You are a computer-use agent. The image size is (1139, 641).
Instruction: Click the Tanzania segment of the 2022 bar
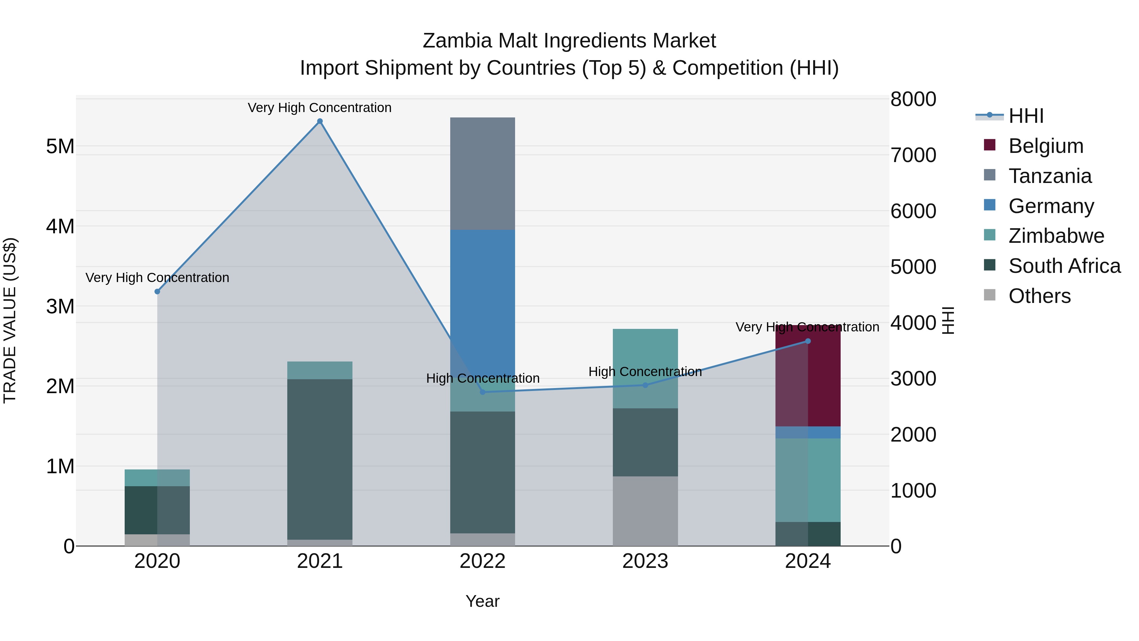click(482, 173)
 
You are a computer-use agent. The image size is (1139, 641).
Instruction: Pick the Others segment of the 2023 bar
click(645, 511)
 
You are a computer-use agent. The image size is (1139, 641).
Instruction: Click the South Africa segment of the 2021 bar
click(320, 459)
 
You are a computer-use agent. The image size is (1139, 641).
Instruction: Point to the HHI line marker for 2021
click(320, 121)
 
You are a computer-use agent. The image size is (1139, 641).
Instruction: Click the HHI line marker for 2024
click(808, 341)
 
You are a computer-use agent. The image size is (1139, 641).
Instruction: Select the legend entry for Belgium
click(1045, 146)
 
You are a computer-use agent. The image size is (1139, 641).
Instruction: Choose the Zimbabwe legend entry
click(1056, 236)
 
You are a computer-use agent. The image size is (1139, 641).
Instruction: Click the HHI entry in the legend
click(1026, 116)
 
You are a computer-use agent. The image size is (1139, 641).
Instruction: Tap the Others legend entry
click(1039, 296)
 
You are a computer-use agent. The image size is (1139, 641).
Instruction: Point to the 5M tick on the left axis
click(60, 147)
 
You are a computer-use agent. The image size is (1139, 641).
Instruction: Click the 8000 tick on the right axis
click(913, 99)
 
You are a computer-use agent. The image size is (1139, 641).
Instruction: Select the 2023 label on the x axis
click(645, 561)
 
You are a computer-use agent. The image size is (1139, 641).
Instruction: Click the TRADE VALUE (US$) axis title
click(10, 320)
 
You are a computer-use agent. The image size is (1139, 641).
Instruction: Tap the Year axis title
click(482, 601)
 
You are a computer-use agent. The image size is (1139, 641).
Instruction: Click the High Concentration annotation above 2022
click(482, 378)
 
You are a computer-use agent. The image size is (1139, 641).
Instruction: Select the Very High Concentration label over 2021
click(320, 108)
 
